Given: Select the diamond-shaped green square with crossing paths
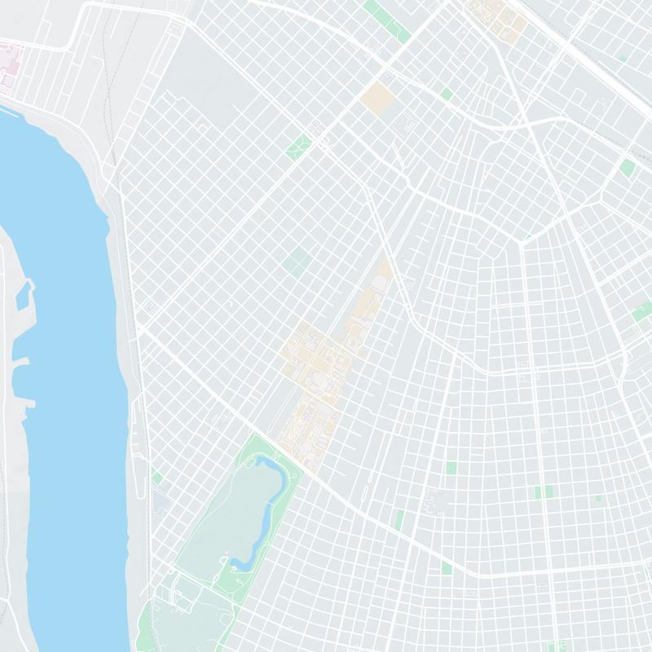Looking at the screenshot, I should [x=299, y=145].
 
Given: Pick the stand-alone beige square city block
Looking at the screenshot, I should [x=377, y=98].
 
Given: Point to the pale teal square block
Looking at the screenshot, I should [x=297, y=262].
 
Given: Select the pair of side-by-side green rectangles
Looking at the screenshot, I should [x=543, y=491].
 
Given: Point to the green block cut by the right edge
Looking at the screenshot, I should [x=643, y=311].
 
